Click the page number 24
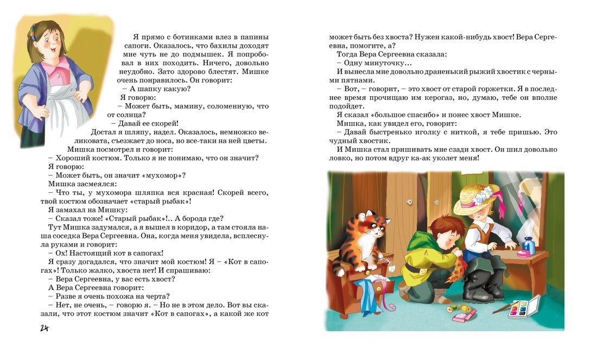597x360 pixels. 44,328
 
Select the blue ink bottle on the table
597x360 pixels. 529,245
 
